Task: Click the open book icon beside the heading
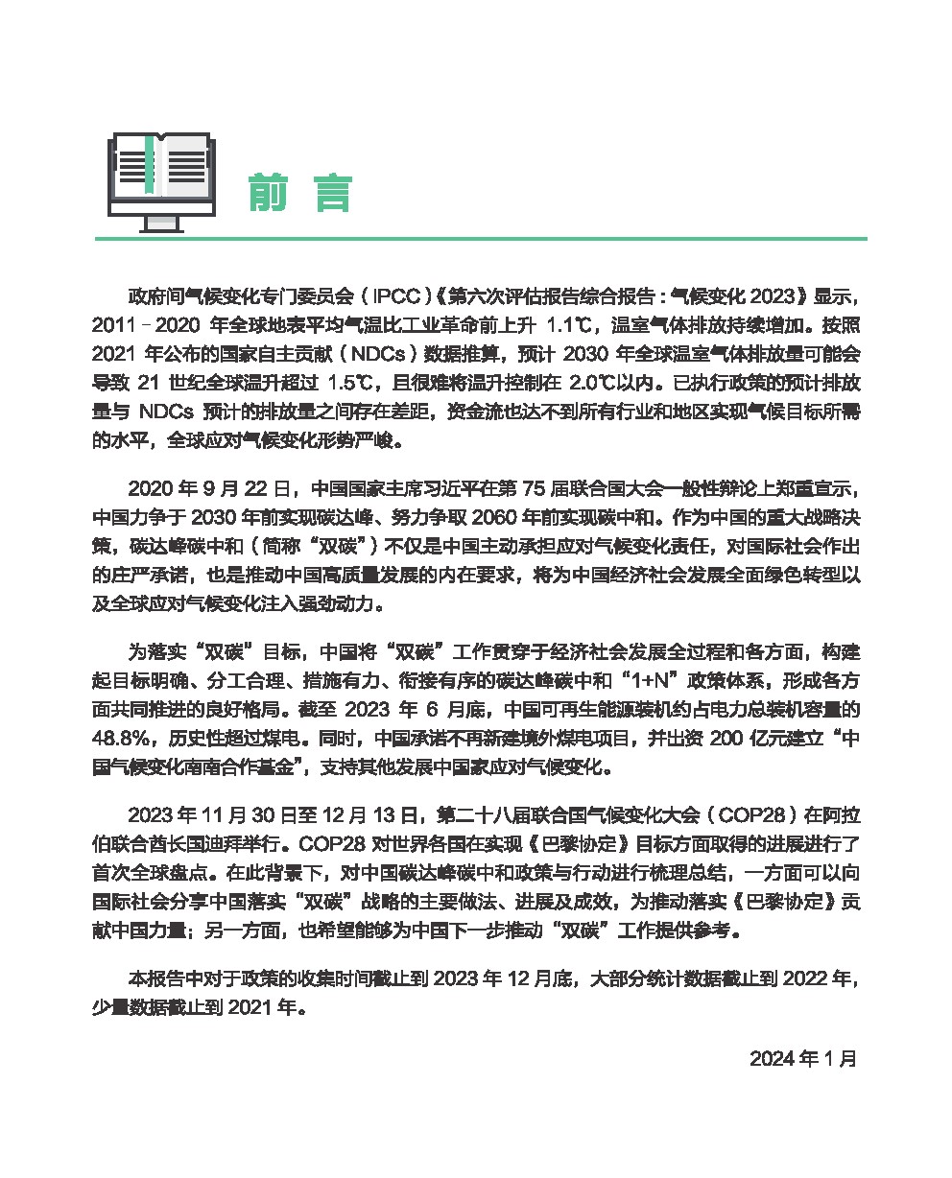point(161,180)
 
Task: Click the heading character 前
point(269,193)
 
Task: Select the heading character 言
point(333,193)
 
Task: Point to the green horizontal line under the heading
point(480,239)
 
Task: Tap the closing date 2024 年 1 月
point(803,1059)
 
